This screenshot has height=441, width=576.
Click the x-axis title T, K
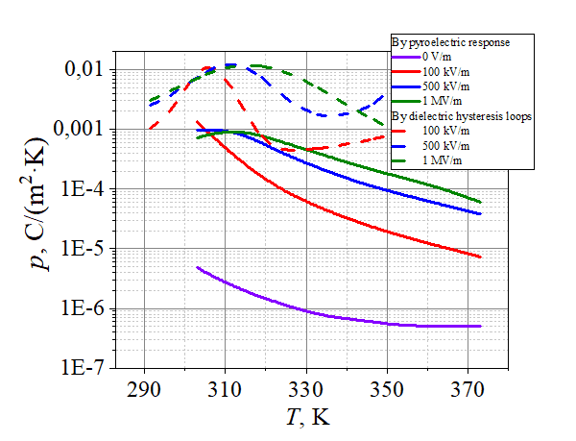(x=305, y=418)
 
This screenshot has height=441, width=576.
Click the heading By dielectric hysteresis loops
(x=461, y=116)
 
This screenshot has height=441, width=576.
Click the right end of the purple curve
(x=479, y=327)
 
